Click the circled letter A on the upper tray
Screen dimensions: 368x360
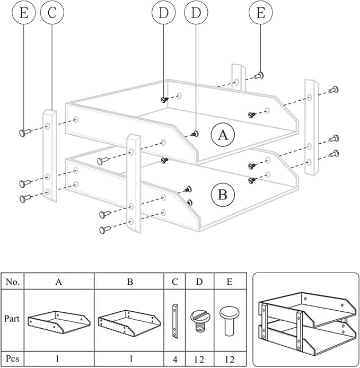click(x=223, y=135)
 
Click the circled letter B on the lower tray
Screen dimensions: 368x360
click(x=223, y=196)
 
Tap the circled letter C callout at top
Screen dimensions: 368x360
click(x=52, y=14)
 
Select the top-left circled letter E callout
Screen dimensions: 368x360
click(x=23, y=14)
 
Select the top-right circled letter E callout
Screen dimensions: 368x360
click(x=260, y=14)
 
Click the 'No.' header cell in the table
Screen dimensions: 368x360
click(x=13, y=282)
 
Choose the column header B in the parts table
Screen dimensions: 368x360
click(x=130, y=282)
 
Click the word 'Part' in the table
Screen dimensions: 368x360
click(x=13, y=320)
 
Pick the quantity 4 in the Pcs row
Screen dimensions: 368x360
click(x=175, y=358)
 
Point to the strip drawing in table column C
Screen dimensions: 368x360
click(x=175, y=320)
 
